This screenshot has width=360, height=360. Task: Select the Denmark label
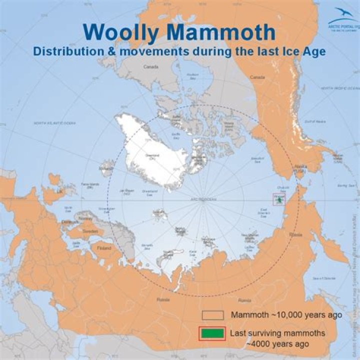point(68,221)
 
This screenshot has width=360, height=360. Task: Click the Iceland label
point(106,169)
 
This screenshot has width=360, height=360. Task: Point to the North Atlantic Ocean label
point(48,123)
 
